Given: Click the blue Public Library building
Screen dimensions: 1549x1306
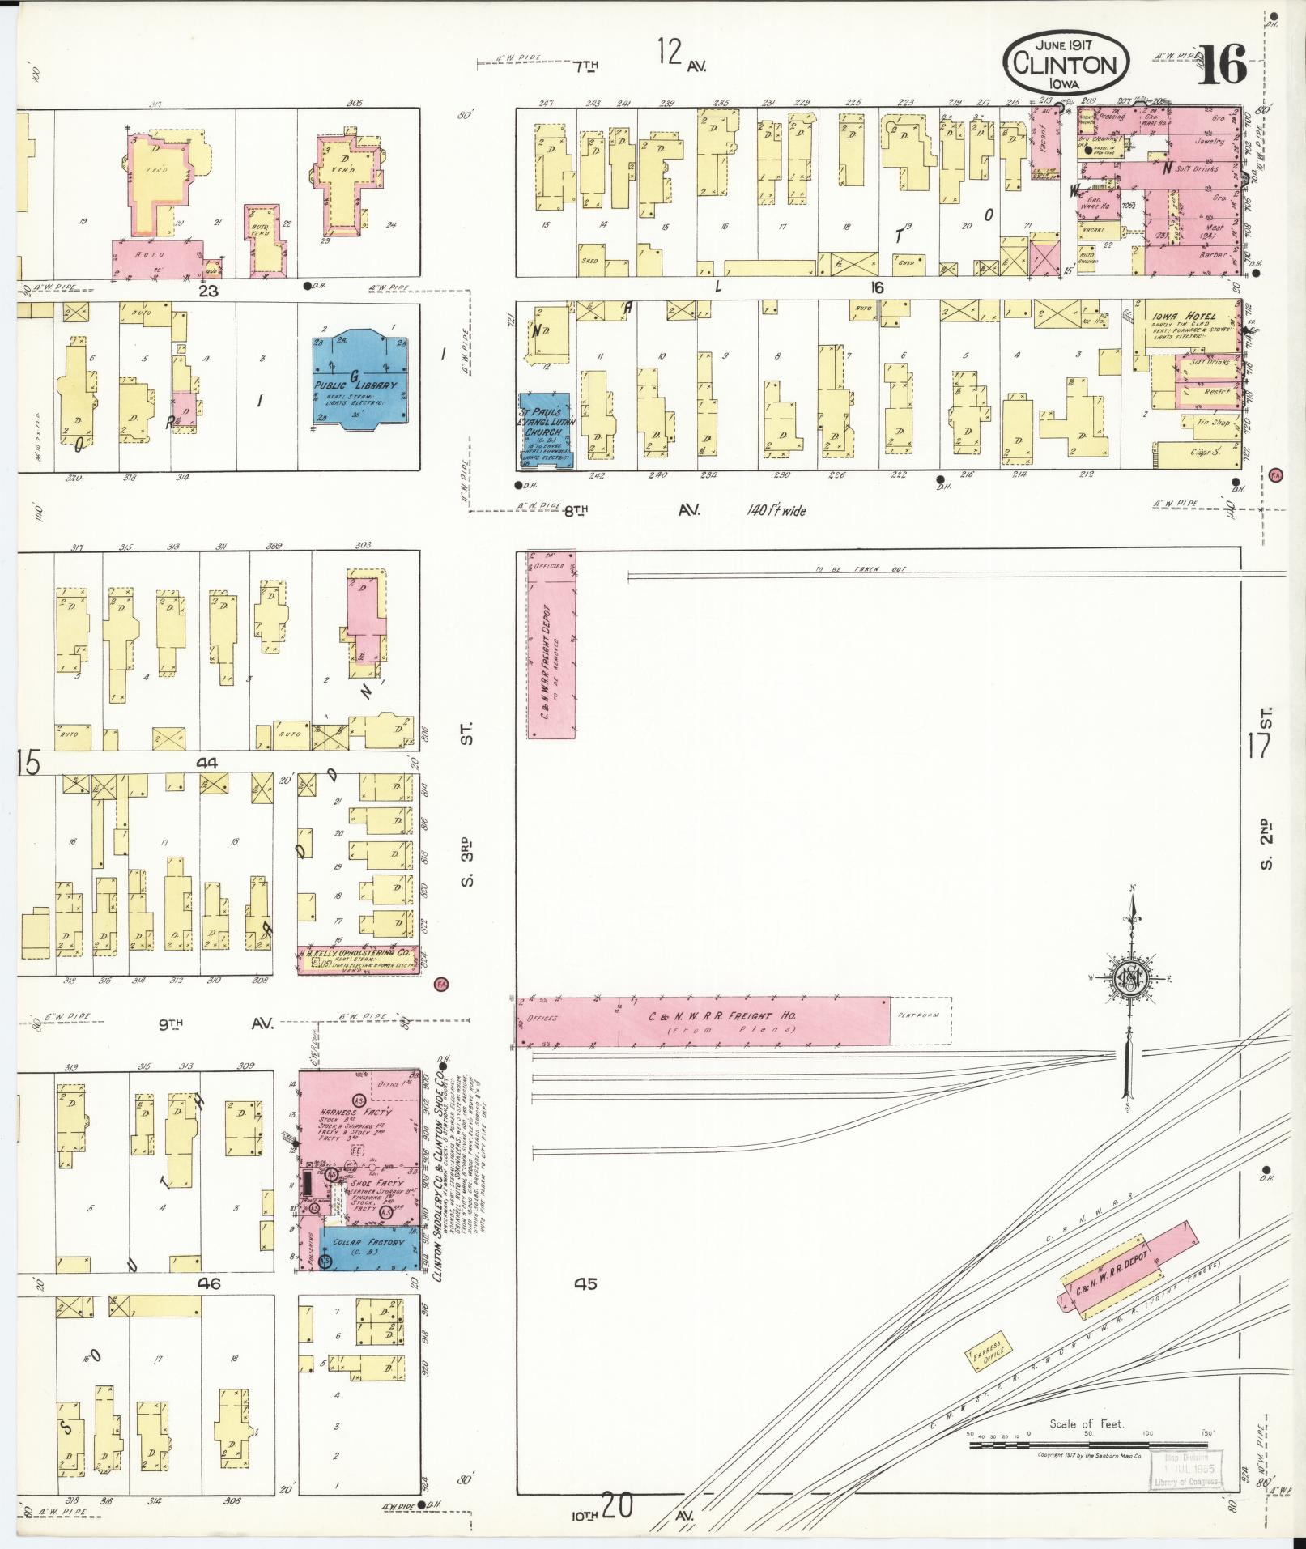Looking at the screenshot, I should tap(359, 380).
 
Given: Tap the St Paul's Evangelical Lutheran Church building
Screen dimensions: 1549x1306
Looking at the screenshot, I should tap(544, 432).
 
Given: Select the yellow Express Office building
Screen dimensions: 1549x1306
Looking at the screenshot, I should tap(989, 1348).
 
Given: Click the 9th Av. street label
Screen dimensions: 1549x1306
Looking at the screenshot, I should tap(215, 1024).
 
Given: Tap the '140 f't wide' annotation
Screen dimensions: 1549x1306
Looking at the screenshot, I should tap(776, 511).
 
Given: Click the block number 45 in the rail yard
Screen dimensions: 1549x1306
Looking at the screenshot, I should tap(585, 1306).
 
